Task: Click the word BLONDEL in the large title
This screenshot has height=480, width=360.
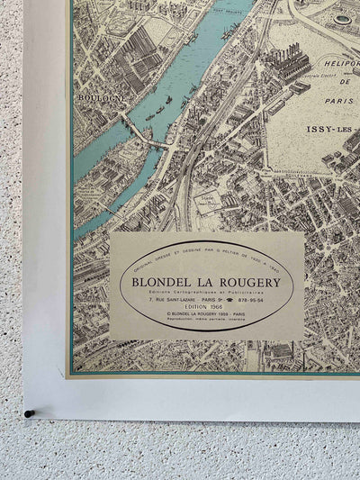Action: pos(166,282)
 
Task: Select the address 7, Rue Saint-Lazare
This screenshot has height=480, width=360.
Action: pos(171,301)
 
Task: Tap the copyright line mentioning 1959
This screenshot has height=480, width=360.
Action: pos(208,318)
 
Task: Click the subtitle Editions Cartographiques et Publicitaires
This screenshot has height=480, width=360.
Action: pos(208,292)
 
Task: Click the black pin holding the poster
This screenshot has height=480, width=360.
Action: pos(28,413)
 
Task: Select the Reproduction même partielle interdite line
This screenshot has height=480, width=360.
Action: pos(208,324)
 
